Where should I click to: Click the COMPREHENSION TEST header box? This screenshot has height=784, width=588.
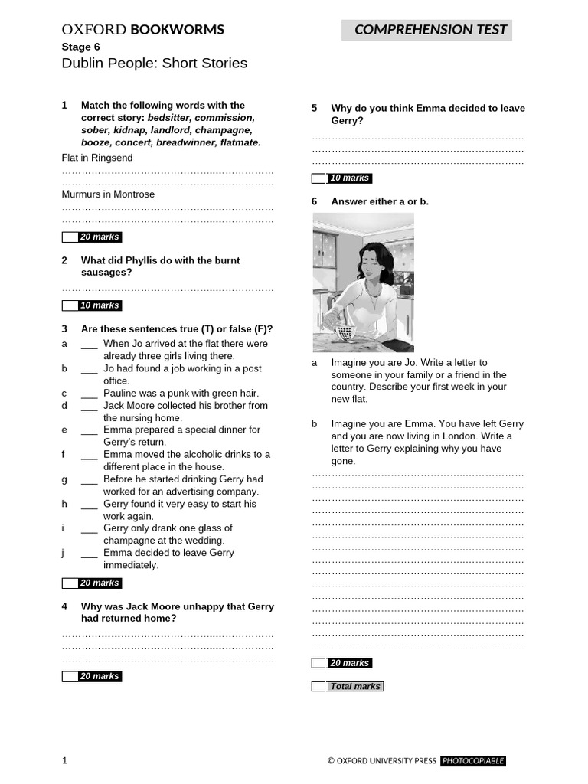coord(426,30)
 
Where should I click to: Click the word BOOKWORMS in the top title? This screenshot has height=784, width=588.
coord(177,30)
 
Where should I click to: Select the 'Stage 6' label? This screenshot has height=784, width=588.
coord(80,47)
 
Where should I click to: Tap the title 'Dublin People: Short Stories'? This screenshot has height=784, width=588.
coord(154,63)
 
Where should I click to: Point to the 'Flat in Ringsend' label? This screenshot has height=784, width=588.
coord(97,158)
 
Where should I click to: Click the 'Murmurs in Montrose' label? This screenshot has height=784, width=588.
coord(108,194)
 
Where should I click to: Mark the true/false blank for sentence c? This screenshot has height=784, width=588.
coord(89,394)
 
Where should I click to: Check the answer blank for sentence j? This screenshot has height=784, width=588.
coord(89,553)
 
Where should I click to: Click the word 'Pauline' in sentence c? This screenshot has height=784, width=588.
coord(120,394)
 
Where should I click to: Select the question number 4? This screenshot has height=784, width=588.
coord(65,606)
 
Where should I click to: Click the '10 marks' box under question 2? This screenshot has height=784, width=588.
coord(100,305)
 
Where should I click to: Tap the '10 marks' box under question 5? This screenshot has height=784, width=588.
coord(349,178)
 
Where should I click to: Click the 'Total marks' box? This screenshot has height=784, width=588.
coord(354,687)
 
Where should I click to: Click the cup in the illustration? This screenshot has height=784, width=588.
coord(344,332)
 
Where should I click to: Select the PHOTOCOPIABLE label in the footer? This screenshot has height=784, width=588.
coord(472,761)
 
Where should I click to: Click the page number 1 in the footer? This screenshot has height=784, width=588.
coord(64,761)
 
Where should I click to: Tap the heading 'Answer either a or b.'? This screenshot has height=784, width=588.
coord(380,201)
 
